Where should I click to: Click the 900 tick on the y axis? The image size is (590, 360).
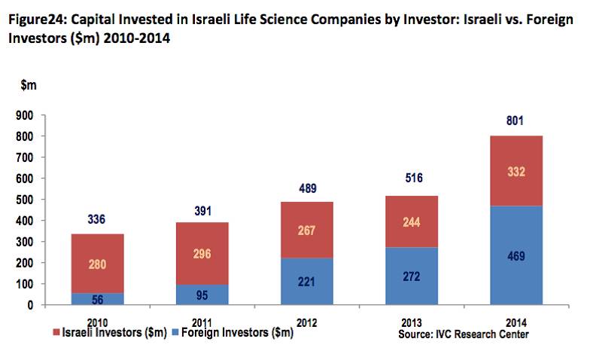[25, 115]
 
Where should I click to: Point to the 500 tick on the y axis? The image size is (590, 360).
[25, 200]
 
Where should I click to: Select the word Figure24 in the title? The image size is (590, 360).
[37, 23]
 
